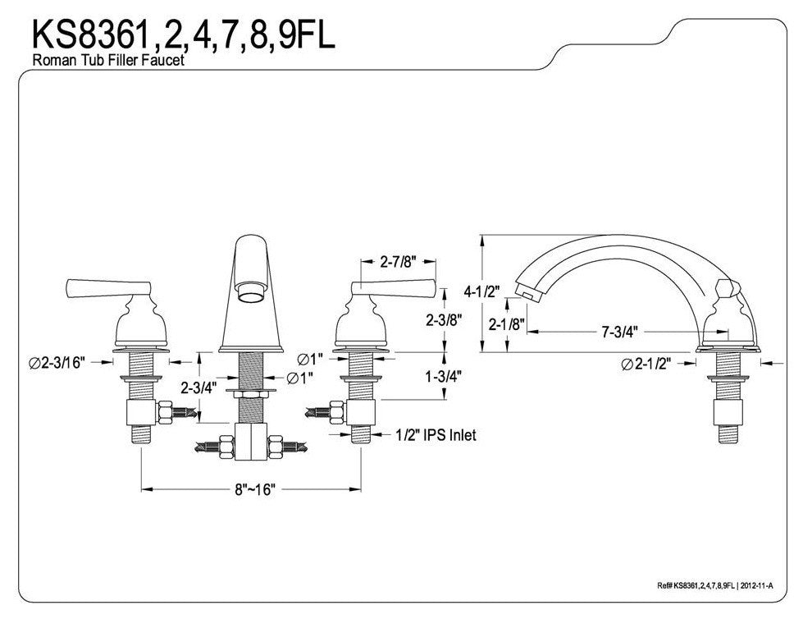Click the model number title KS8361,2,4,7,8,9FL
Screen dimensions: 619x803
183,34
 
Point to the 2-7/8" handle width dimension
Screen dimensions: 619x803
398,263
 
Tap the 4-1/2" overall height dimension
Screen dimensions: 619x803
481,291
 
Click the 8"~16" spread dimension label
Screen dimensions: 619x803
253,489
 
